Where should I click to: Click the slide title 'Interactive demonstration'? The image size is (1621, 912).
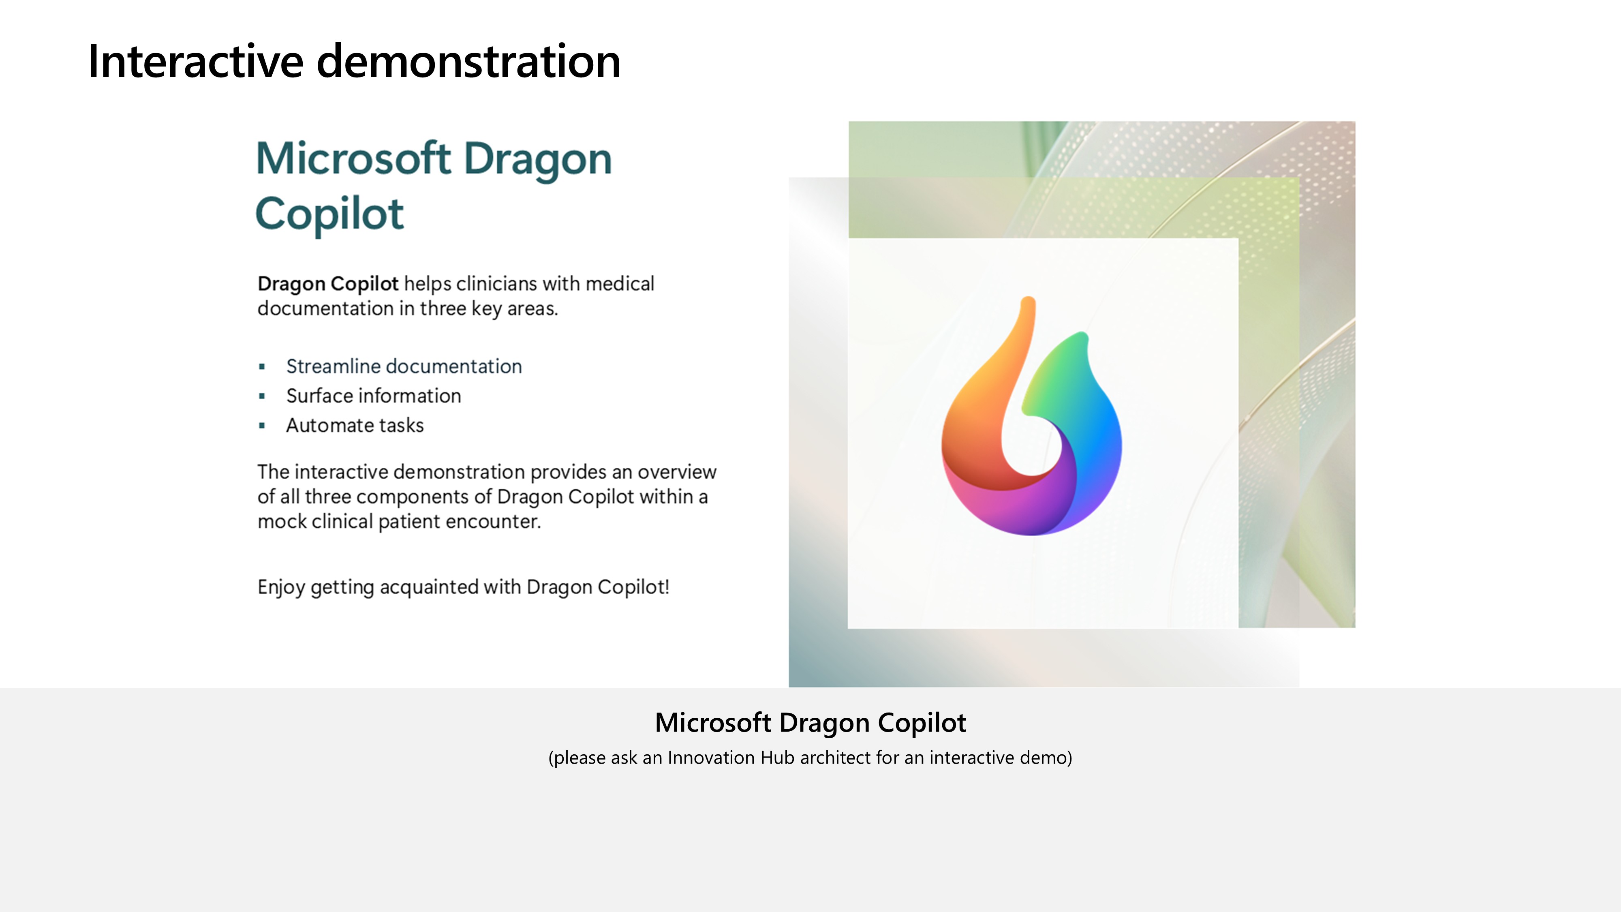pos(354,61)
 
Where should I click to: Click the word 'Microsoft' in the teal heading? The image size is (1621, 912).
pos(353,158)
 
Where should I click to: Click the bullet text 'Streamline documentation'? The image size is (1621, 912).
pos(404,366)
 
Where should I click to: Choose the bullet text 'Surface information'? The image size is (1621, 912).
pos(374,396)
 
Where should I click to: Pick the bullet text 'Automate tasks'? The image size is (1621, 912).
pos(355,426)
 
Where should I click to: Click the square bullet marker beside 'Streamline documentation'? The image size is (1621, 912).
pos(262,367)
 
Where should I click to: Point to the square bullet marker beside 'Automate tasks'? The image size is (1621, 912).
pos(262,426)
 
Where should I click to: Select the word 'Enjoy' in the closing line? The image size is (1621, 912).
pos(281,588)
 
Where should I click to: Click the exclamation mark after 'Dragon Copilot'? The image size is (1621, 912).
pos(666,587)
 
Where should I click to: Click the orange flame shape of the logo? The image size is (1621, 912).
pos(982,409)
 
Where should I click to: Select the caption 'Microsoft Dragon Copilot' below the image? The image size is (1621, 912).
pos(810,723)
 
